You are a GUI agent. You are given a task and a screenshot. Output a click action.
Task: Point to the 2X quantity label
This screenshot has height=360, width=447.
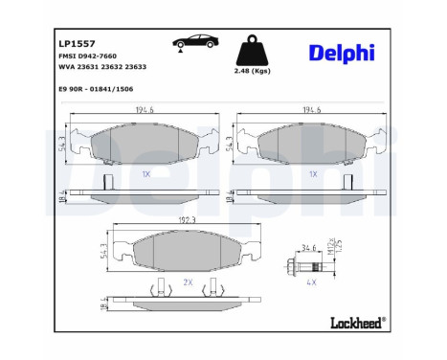[188, 283]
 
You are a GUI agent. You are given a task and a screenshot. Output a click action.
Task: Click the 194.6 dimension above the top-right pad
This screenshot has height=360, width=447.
[312, 111]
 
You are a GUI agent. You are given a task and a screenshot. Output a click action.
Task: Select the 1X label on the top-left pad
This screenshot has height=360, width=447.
[145, 175]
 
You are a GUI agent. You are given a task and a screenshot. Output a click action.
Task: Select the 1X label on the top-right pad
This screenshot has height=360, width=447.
[313, 175]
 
